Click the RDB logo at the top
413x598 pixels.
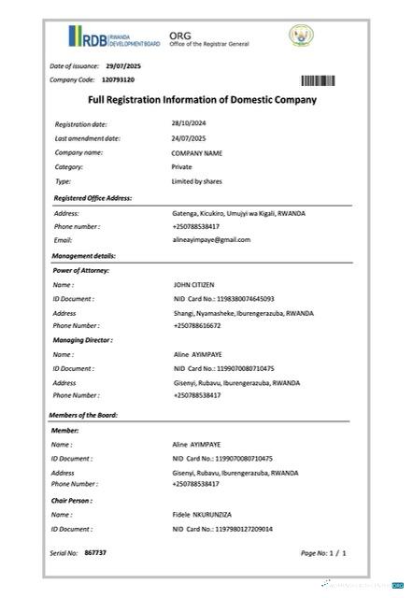(x=107, y=38)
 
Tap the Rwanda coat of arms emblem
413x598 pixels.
(x=302, y=36)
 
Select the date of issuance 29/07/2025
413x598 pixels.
(x=122, y=66)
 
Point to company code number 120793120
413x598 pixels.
(x=118, y=80)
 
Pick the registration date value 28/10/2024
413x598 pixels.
(x=189, y=123)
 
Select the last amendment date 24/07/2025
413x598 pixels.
(x=189, y=137)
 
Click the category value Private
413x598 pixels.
(x=181, y=166)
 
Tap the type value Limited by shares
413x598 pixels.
(x=196, y=181)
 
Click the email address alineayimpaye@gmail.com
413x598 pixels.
(x=211, y=239)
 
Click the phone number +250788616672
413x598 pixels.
(x=196, y=325)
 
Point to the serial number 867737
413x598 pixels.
(x=95, y=553)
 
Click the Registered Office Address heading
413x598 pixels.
(x=93, y=198)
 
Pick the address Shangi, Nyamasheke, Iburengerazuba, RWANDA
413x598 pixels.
(x=243, y=313)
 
